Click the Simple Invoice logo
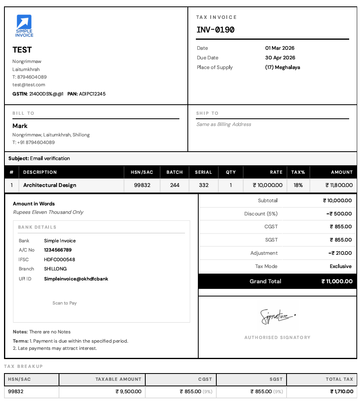coord(24,26)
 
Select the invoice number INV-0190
coord(216,30)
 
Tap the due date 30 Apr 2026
coord(280,58)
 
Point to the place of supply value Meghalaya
coord(283,67)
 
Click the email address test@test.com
coord(28,85)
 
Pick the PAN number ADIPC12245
coord(92,94)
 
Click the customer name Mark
coord(20,126)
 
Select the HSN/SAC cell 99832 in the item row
coord(142,185)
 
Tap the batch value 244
coord(175,185)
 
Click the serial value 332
coord(203,185)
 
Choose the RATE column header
coord(276,172)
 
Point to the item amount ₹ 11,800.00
coord(339,185)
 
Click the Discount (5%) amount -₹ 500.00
coord(339,214)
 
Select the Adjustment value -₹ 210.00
coord(340,253)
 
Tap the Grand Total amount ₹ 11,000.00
coord(337,281)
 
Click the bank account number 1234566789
coord(58,250)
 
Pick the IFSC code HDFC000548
coord(59,260)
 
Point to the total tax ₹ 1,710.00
coord(342,392)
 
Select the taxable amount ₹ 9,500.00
coord(128,392)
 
